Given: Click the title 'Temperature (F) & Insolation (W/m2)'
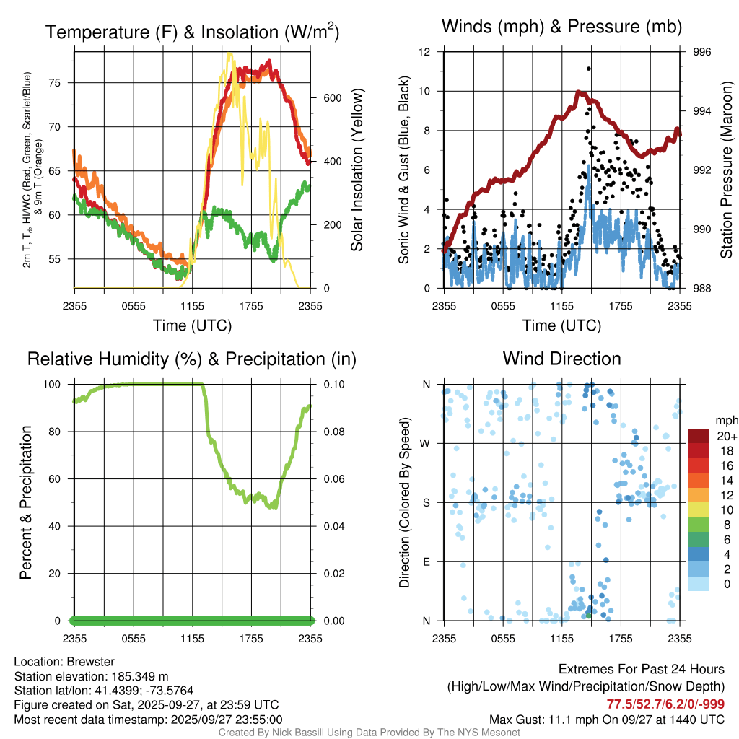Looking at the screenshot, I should pos(192,32).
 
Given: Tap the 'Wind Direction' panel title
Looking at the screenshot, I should pos(561,359).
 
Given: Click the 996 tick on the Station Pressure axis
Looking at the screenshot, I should pos(702,52).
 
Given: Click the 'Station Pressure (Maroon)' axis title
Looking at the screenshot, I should pos(726,170).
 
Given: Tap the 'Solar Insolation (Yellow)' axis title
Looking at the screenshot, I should pos(357,170).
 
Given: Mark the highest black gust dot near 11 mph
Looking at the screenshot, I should pos(589,69).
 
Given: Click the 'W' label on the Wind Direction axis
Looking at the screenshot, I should pos(427,443).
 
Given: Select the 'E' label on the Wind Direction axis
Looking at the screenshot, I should pos(427,561).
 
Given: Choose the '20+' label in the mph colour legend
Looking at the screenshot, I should pos(726,436).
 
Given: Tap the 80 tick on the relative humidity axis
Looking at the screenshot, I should pos(60,432).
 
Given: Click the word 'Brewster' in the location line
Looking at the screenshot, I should pos(89,662).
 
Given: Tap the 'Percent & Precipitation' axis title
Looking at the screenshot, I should pos(26,502).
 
